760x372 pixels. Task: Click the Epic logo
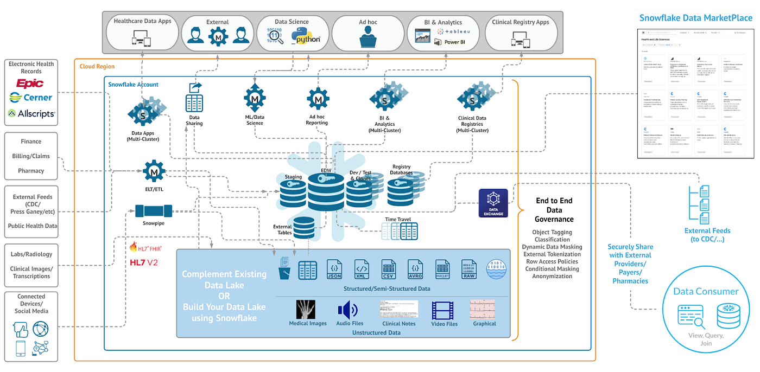tap(30, 84)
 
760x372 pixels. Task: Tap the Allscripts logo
tap(31, 113)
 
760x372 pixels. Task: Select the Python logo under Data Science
tap(306, 37)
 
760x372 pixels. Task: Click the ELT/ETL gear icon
tap(154, 172)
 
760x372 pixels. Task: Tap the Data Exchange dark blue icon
tap(493, 203)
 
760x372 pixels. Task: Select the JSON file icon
tap(334, 269)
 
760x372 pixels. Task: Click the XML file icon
tap(362, 269)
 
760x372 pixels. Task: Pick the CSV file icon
tap(388, 269)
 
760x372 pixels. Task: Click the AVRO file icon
tap(415, 269)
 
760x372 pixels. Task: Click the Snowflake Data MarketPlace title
tap(695, 18)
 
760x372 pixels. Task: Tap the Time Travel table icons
tap(398, 232)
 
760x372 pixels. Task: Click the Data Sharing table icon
tap(194, 103)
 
